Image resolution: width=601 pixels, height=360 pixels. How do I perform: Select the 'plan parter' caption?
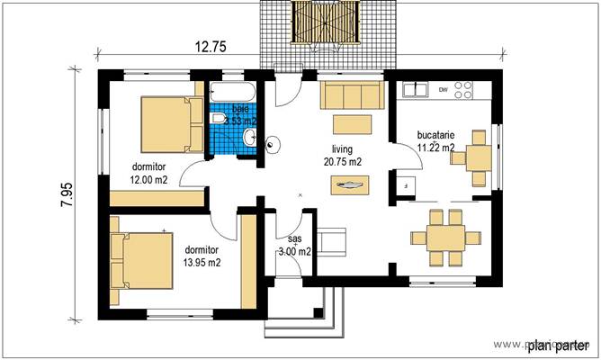pyautogui.click(x=557, y=345)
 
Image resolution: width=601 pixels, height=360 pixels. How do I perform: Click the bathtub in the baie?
pyautogui.click(x=233, y=93)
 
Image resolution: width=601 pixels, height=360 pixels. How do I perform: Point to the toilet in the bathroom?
pyautogui.click(x=218, y=119)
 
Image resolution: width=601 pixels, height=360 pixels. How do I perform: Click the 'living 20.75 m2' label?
pyautogui.click(x=343, y=156)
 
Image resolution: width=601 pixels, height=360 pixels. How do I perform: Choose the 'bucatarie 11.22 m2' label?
pyautogui.click(x=435, y=141)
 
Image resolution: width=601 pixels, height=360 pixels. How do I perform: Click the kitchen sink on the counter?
pyautogui.click(x=416, y=89)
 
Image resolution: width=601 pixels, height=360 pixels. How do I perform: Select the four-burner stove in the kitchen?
pyautogui.click(x=463, y=89)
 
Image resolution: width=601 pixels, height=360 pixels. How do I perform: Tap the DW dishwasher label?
pyautogui.click(x=443, y=90)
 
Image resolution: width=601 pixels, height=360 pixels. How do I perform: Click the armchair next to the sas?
pyautogui.click(x=334, y=240)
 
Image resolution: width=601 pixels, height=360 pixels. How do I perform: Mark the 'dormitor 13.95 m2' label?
pyautogui.click(x=202, y=256)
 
